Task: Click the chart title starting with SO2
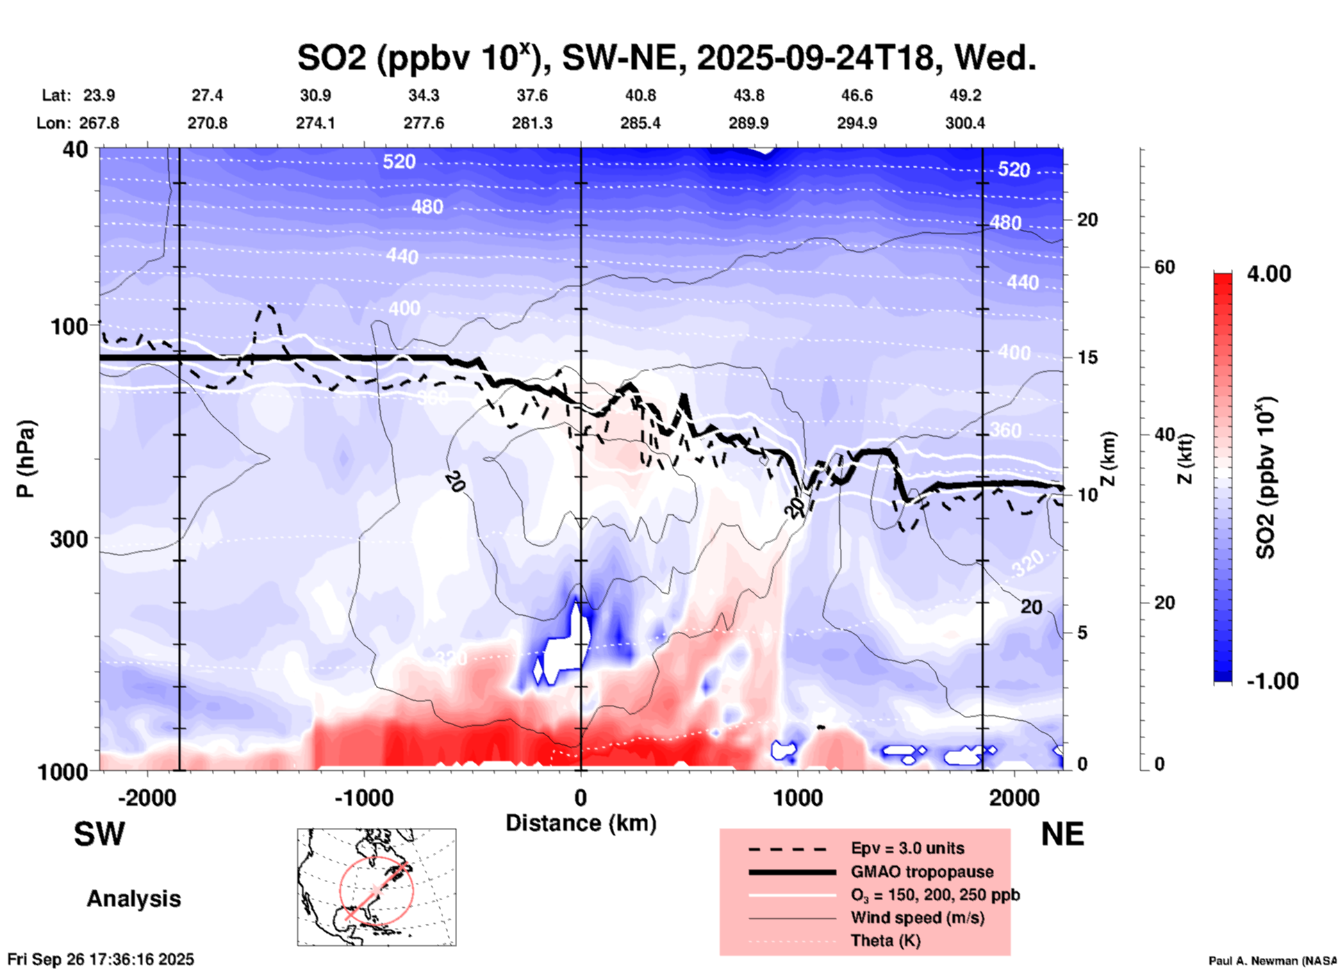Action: click(666, 58)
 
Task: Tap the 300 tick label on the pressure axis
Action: click(69, 539)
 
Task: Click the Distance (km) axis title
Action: click(581, 823)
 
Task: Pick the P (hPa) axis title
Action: click(26, 459)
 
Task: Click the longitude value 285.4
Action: click(640, 123)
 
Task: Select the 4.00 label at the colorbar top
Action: click(1269, 274)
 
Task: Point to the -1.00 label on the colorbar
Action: click(1272, 681)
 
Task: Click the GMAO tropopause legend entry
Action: click(922, 872)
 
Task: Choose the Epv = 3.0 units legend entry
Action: click(907, 848)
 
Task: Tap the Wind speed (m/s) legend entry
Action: click(917, 918)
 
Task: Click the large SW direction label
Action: click(99, 834)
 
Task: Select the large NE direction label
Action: click(1062, 834)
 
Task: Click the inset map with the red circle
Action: click(377, 886)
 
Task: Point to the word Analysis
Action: click(133, 899)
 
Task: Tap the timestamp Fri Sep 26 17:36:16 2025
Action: click(101, 959)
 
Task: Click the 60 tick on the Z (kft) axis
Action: click(1164, 267)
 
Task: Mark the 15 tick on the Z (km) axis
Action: click(1087, 357)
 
